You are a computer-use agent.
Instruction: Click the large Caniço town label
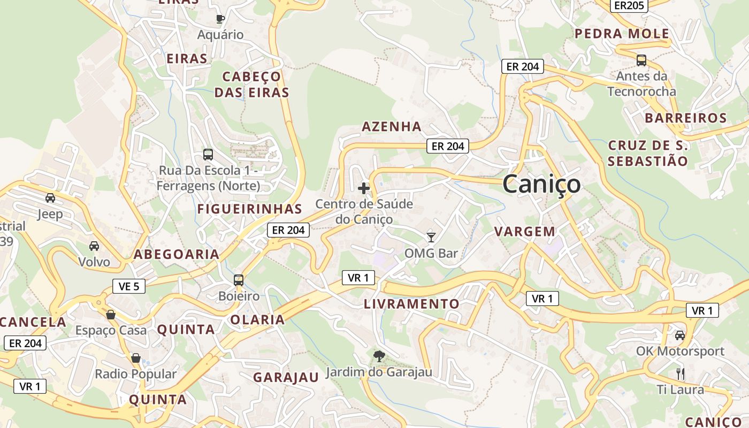pyautogui.click(x=541, y=184)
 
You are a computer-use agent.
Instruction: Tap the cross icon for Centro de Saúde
pyautogui.click(x=364, y=188)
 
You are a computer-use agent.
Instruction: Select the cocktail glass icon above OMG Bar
pyautogui.click(x=431, y=237)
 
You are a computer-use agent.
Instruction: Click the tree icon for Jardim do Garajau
pyautogui.click(x=379, y=356)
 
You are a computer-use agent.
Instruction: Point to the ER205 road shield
pyautogui.click(x=629, y=5)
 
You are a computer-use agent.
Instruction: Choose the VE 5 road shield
pyautogui.click(x=129, y=286)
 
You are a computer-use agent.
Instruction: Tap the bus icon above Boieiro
pyautogui.click(x=239, y=280)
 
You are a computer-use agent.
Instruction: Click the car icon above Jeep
pyautogui.click(x=50, y=198)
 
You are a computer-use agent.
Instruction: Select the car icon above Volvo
pyautogui.click(x=94, y=246)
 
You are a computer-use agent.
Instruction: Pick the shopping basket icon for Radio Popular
pyautogui.click(x=136, y=357)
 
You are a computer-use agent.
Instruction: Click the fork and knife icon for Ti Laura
pyautogui.click(x=680, y=373)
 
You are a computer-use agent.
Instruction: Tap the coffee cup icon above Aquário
pyautogui.click(x=220, y=19)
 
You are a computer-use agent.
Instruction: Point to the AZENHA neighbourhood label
pyautogui.click(x=392, y=127)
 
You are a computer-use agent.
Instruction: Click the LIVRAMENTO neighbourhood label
pyautogui.click(x=411, y=304)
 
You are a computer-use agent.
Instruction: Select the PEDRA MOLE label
pyautogui.click(x=622, y=34)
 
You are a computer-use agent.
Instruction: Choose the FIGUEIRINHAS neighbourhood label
pyautogui.click(x=250, y=209)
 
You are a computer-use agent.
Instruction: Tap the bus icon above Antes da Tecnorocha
pyautogui.click(x=641, y=60)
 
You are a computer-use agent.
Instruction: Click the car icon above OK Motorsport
pyautogui.click(x=680, y=335)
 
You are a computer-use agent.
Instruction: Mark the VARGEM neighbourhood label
pyautogui.click(x=525, y=232)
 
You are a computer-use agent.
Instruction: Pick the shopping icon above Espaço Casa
pyautogui.click(x=111, y=314)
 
